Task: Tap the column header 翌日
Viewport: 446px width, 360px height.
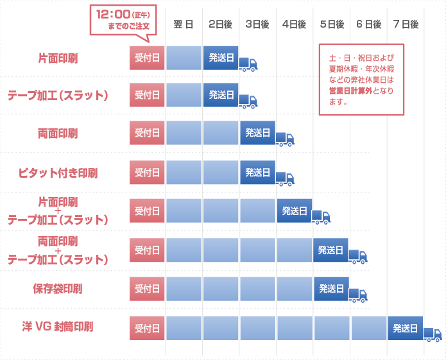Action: (x=184, y=24)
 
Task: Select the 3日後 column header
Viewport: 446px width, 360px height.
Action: (x=257, y=24)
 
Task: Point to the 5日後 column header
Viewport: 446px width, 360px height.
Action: (x=332, y=24)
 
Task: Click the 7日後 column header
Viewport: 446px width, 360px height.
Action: (x=406, y=24)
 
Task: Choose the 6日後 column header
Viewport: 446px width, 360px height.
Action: (x=368, y=24)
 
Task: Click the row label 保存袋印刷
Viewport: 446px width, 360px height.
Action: (x=58, y=288)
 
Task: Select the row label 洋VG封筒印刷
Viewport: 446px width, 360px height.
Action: (x=58, y=327)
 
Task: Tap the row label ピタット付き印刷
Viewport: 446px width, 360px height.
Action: (x=58, y=173)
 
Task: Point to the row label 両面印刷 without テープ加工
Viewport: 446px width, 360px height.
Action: (x=58, y=133)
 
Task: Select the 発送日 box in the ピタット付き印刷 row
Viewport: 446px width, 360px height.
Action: (x=258, y=172)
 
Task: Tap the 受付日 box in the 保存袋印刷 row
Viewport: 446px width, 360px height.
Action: (x=147, y=288)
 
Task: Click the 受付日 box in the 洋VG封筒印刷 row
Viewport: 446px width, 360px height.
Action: (x=147, y=328)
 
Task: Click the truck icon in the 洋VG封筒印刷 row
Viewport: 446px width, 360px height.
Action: (x=433, y=334)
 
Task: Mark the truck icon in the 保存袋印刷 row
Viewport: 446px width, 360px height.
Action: (x=358, y=295)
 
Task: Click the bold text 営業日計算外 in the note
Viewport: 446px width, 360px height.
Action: (x=345, y=92)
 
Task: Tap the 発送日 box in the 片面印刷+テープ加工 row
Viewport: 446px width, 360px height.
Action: (x=295, y=210)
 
